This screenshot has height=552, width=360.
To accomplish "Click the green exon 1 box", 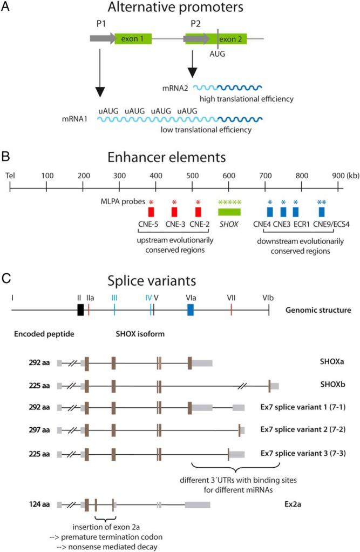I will click(133, 38).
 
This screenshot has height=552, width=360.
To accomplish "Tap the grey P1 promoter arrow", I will click(102, 38).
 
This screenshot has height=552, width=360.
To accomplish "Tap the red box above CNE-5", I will click(151, 211).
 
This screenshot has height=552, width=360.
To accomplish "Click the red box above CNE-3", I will click(174, 211).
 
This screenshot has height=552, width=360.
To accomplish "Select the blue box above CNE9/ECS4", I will click(322, 211).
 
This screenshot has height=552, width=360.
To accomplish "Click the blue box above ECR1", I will click(295, 211).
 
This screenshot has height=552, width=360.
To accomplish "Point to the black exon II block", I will click(80, 309).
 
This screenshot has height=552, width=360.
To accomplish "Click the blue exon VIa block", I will click(190, 309).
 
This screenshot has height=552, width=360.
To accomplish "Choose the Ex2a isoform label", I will click(330, 504).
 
